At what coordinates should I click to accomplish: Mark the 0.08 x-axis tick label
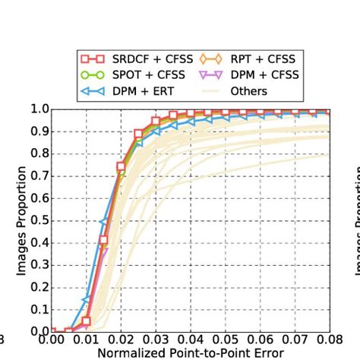[329, 340]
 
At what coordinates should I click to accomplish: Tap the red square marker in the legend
[93, 58]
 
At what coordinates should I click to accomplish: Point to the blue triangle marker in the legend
[93, 92]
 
